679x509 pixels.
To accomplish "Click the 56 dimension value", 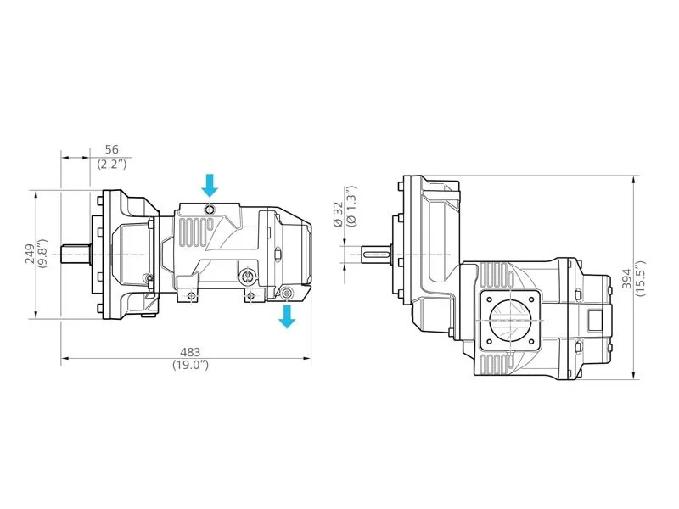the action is pyautogui.click(x=112, y=149).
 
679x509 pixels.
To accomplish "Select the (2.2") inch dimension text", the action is pyautogui.click(x=112, y=164).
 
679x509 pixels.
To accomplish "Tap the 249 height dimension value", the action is pyautogui.click(x=30, y=254).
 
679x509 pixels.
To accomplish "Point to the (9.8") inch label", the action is pyautogui.click(x=42, y=254).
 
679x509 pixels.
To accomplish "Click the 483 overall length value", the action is pyautogui.click(x=190, y=353).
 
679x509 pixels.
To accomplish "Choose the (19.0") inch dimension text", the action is pyautogui.click(x=190, y=365).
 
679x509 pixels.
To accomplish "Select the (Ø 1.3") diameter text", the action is pyautogui.click(x=351, y=205).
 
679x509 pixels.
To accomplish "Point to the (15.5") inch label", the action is pyautogui.click(x=640, y=278).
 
